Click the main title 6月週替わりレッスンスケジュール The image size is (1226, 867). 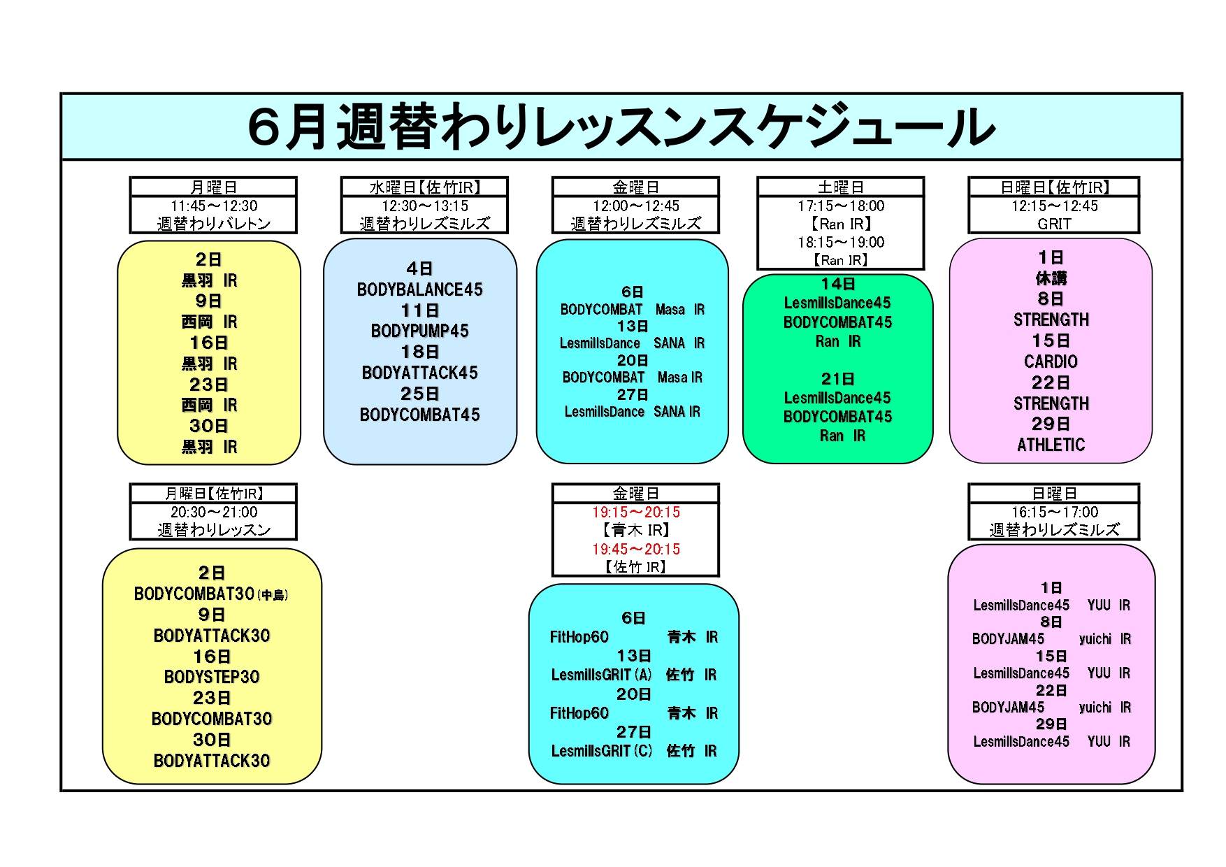click(x=621, y=127)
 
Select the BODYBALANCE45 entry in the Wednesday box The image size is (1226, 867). click(x=419, y=289)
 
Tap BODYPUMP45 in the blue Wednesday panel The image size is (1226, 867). click(x=419, y=331)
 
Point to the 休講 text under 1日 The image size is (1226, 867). click(x=1051, y=278)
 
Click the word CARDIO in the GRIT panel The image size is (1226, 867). click(x=1051, y=361)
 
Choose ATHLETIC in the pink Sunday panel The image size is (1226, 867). click(x=1051, y=445)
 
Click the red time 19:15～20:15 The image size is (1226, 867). click(x=636, y=512)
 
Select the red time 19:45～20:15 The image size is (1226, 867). click(x=636, y=549)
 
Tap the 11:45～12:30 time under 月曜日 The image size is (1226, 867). click(x=214, y=206)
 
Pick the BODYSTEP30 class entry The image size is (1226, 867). click(x=212, y=677)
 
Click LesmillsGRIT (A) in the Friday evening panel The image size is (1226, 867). click(x=601, y=675)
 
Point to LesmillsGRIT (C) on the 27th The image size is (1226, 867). click(x=601, y=751)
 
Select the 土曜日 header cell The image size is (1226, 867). click(x=841, y=187)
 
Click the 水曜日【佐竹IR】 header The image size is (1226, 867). click(x=424, y=187)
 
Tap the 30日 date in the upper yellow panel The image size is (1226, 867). click(x=208, y=426)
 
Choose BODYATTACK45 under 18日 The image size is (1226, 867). click(x=419, y=373)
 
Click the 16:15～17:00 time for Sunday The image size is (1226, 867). click(x=1054, y=512)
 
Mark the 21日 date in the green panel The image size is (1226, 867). click(x=837, y=379)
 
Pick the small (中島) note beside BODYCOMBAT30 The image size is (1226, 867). click(x=273, y=596)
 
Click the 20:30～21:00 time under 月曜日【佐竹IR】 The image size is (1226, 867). click(x=214, y=512)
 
